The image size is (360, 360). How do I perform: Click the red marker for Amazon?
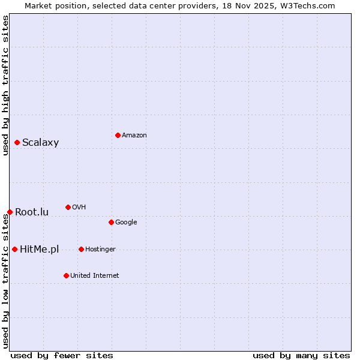[118, 135]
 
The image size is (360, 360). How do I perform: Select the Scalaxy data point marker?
[17, 142]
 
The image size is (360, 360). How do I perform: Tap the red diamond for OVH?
[68, 207]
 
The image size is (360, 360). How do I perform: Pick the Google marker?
[111, 222]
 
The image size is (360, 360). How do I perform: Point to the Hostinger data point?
[81, 249]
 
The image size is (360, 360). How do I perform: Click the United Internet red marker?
[66, 275]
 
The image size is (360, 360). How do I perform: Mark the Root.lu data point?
[10, 212]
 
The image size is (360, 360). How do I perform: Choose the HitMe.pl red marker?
[14, 249]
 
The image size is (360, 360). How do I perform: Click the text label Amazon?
[134, 136]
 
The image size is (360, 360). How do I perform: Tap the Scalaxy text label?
[40, 143]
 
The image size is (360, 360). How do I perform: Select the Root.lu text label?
[32, 212]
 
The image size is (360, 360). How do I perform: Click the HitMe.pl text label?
[39, 250]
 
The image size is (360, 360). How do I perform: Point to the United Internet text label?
[95, 276]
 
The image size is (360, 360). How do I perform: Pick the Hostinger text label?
[100, 250]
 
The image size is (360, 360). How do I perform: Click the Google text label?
[126, 223]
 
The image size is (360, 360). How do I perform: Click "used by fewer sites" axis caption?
[62, 355]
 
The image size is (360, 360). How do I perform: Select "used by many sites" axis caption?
[301, 355]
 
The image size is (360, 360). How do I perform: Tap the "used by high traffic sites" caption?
[5, 85]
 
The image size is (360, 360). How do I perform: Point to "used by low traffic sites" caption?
[5, 281]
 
